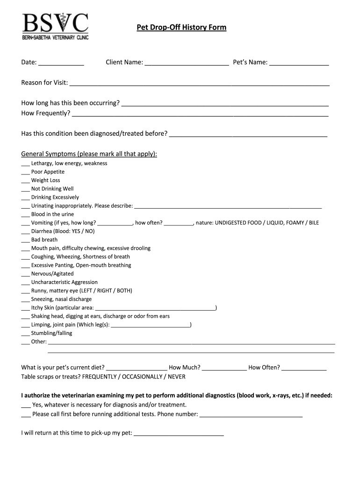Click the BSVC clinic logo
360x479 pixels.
[55, 26]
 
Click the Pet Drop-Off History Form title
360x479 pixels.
[181, 28]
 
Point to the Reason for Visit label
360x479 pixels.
[44, 83]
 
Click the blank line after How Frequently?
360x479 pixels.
[200, 114]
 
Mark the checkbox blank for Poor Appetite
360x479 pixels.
[25, 172]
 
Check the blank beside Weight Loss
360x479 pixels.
[25, 181]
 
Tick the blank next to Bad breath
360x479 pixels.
[25, 240]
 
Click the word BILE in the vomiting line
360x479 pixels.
[313, 223]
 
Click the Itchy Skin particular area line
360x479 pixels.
[155, 308]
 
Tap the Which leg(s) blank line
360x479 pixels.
[151, 325]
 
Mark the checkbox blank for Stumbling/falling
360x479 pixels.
[25, 334]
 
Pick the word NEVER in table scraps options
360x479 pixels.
[176, 377]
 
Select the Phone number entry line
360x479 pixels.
[251, 415]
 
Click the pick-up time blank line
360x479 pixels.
[179, 434]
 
